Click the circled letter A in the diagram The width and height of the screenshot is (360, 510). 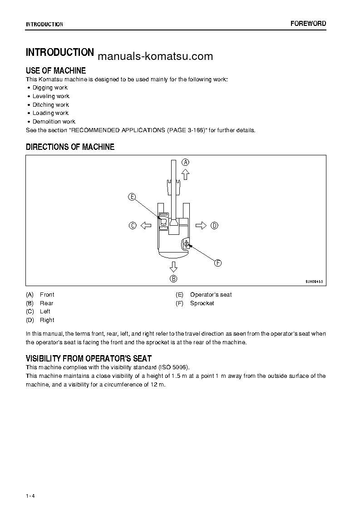186,162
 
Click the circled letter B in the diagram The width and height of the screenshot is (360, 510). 173,279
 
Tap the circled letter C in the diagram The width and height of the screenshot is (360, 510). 133,225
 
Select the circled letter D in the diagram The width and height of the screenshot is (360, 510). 214,225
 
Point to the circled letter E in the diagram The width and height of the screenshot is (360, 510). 132,197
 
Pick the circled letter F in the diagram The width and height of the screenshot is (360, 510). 217,263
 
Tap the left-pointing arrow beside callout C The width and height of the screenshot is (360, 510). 145,225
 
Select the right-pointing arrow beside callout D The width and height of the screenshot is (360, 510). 201,225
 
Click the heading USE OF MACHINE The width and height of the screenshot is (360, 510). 56,70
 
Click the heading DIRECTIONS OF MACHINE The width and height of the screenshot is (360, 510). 70,147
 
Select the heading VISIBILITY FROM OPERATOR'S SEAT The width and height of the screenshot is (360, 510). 89,358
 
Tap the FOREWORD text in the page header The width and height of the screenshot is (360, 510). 308,24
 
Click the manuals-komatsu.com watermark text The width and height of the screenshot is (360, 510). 155,56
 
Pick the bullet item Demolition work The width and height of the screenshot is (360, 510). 54,122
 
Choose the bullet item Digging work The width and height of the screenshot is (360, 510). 50,88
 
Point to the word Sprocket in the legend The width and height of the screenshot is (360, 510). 202,303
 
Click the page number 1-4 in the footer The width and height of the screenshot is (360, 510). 30,483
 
